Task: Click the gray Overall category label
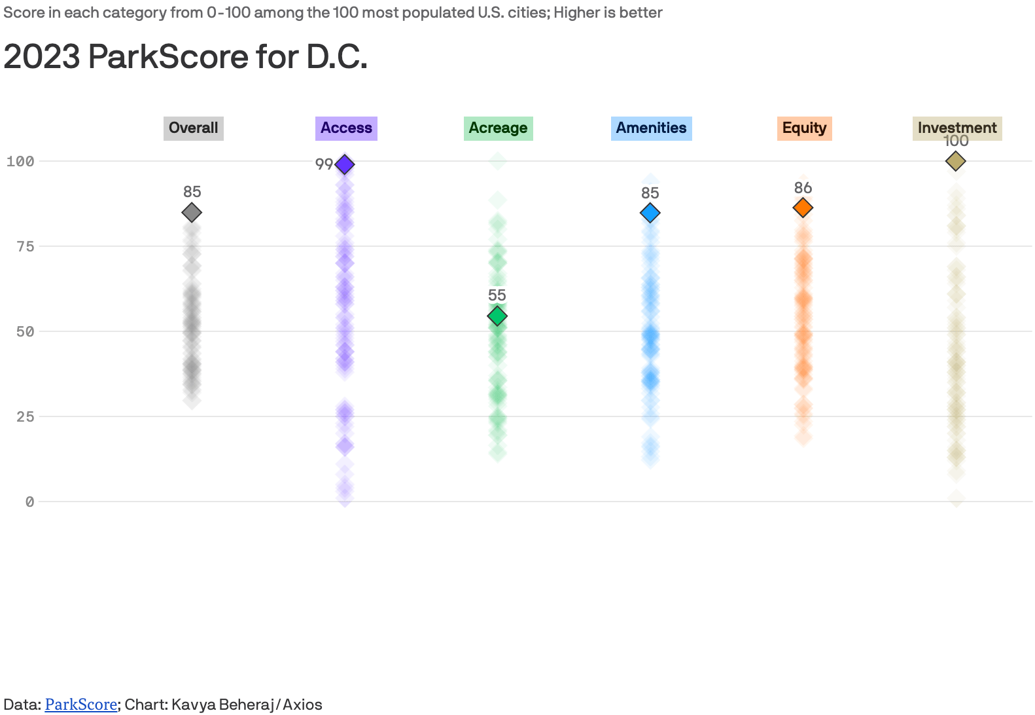tap(193, 128)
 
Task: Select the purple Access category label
tap(346, 128)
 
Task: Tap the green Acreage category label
tap(498, 128)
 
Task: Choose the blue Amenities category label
tap(651, 128)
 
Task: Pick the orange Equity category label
tap(804, 128)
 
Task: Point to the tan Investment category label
tap(956, 128)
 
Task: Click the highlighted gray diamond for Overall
tap(192, 212)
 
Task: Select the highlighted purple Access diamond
tap(345, 164)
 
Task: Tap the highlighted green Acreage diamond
tap(497, 316)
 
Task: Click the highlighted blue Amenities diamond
tap(650, 213)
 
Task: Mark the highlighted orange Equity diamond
tap(803, 208)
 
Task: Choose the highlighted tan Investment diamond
tap(956, 161)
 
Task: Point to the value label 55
tap(497, 295)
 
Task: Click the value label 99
tap(324, 164)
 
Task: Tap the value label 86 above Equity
tap(803, 188)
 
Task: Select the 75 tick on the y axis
tap(25, 246)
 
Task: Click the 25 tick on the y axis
tap(25, 416)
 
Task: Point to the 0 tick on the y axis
tap(29, 502)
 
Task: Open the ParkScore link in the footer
tap(80, 705)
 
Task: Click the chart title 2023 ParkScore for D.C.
tap(185, 57)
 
